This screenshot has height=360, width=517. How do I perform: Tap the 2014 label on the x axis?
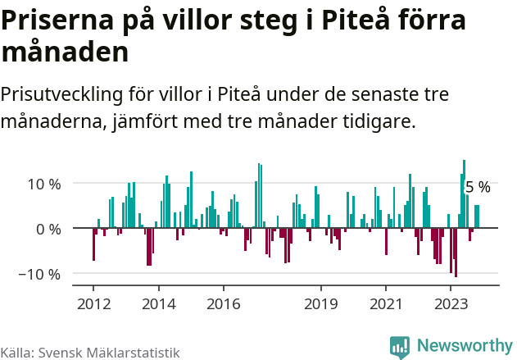158,303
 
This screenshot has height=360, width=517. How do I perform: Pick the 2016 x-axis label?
223,303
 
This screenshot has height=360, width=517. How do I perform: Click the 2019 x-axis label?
320,303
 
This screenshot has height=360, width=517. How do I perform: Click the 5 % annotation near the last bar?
478,188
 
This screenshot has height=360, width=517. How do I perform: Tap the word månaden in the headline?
65,52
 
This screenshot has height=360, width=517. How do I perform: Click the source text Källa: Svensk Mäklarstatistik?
89,353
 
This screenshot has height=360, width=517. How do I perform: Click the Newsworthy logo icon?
400,347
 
